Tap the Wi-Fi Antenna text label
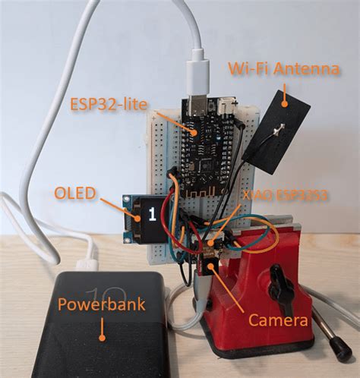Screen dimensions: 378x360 coord(283,71)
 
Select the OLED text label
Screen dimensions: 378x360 coord(75,194)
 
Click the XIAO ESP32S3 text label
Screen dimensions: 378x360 coord(285,196)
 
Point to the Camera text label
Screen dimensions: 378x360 coord(279,320)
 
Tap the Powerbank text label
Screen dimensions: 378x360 coord(100,306)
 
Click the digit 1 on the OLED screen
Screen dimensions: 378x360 coord(150,215)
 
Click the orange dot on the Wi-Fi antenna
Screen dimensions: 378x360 coord(286,98)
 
